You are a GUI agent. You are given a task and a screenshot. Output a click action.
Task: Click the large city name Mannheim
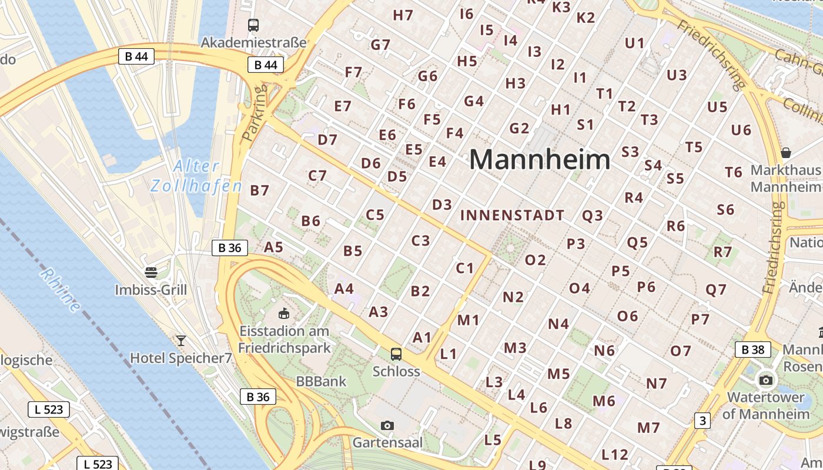(x=540, y=160)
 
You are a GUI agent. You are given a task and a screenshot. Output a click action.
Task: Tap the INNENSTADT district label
(x=512, y=216)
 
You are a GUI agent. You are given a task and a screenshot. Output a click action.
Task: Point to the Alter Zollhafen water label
(x=196, y=176)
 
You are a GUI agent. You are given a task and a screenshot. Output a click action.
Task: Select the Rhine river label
(x=61, y=290)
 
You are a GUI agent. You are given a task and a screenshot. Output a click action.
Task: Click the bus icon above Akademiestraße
(x=253, y=25)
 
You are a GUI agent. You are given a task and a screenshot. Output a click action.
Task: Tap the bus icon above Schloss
(x=396, y=354)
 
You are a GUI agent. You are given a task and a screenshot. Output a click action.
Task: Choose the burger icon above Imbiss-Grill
(x=151, y=272)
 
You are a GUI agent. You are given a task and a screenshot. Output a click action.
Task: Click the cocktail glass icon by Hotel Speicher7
(x=180, y=340)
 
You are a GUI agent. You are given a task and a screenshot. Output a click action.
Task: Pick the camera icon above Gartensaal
(x=387, y=425)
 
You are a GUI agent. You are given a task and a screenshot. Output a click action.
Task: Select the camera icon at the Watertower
(x=765, y=380)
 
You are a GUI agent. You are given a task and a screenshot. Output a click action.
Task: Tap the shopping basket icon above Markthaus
(x=785, y=153)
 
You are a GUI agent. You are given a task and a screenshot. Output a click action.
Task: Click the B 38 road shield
(x=752, y=350)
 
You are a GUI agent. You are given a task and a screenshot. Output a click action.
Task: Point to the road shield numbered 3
(x=702, y=421)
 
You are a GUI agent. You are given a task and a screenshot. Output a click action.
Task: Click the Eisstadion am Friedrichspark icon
(x=284, y=313)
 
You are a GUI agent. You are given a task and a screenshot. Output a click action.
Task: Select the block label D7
(x=327, y=140)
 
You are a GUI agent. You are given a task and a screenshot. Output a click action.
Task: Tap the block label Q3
(x=593, y=216)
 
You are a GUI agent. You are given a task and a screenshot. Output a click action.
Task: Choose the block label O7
(x=681, y=351)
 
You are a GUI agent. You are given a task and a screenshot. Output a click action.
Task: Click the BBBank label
(x=321, y=381)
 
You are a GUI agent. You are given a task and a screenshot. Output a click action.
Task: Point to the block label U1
(x=635, y=43)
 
